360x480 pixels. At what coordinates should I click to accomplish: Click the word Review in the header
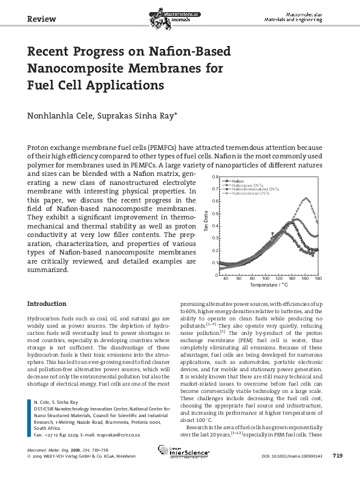pos(42,19)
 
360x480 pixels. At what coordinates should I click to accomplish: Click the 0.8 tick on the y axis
pos(214,177)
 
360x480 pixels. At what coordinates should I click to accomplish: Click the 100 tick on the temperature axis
pos(266,279)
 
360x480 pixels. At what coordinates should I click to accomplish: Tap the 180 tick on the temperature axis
pos(318,279)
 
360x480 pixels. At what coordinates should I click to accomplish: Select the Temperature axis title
pos(269,285)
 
